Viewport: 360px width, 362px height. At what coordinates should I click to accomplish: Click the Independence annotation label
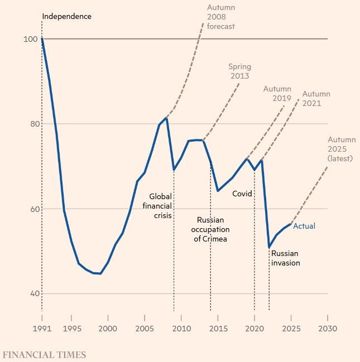coord(66,16)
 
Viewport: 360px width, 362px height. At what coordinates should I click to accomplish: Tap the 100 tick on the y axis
coord(30,39)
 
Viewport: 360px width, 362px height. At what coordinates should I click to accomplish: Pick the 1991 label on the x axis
coord(42,329)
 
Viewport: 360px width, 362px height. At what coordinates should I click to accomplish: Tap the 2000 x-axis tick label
coord(108,329)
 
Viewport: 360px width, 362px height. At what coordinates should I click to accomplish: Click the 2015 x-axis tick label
coord(218,329)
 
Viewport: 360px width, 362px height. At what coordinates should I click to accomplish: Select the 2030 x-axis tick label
coord(328,329)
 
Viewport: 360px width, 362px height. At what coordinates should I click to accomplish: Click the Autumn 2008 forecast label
coord(220,17)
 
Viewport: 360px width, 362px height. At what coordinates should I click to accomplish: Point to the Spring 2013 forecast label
coord(239,71)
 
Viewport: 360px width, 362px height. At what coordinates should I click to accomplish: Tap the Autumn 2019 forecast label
coord(277,93)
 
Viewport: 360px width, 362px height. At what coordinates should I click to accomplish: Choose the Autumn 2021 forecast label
coord(316,99)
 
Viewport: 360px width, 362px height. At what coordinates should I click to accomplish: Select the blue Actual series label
coord(304,226)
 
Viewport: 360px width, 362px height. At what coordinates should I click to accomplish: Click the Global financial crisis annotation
coord(161,206)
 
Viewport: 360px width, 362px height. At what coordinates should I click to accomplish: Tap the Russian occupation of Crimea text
coord(210,229)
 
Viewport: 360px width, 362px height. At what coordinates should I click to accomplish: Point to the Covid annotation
coord(242,194)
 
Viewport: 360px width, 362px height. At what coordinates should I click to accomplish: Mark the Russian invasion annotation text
coord(286,258)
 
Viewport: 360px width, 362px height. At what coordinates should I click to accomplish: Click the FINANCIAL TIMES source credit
coord(44,354)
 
